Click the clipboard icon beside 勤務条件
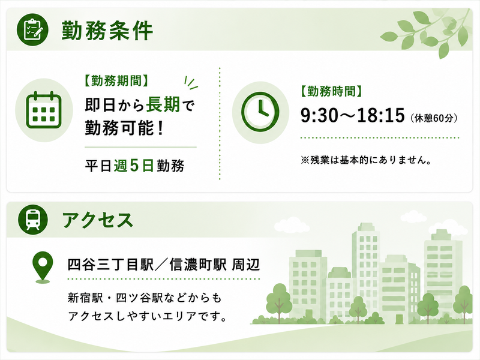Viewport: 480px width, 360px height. coord(32,29)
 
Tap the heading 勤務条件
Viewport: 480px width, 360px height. coord(107,31)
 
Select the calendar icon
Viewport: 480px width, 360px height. coord(44,110)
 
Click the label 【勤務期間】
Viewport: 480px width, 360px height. coord(116,81)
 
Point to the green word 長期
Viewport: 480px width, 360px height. coord(163,104)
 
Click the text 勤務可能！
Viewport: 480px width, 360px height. coord(124,128)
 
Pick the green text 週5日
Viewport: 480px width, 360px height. coord(134,166)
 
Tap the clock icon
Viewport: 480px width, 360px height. coord(260,112)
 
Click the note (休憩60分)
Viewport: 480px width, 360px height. coord(434,118)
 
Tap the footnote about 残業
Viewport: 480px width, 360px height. coord(366,160)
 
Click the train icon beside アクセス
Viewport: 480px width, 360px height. coord(33,220)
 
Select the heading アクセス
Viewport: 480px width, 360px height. coord(98,220)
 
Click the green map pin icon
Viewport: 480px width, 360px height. coord(43,266)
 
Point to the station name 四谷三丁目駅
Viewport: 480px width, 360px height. coord(110,265)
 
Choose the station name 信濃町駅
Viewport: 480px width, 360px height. coord(198,265)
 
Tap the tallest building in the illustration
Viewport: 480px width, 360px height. coord(366,269)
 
